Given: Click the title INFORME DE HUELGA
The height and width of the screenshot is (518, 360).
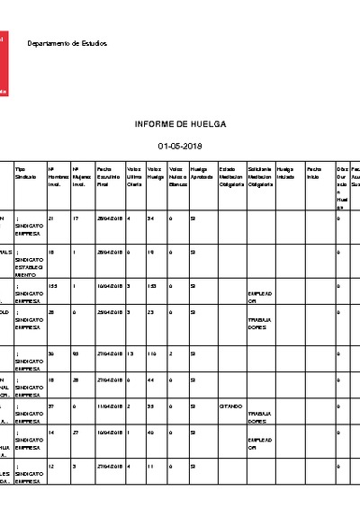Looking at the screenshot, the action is [180, 123].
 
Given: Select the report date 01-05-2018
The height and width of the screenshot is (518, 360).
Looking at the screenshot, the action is [180, 145].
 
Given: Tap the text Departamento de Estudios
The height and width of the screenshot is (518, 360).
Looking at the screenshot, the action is [67, 43].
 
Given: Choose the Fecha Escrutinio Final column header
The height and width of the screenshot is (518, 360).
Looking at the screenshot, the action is [108, 176].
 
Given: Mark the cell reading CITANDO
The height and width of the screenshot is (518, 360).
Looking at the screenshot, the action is [229, 406].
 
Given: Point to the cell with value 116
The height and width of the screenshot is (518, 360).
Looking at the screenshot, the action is [153, 353].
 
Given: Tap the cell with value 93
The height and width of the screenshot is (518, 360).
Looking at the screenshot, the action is [76, 353].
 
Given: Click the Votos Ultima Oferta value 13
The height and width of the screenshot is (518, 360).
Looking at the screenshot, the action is [131, 353].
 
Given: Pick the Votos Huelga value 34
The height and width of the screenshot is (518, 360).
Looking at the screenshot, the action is [151, 219].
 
